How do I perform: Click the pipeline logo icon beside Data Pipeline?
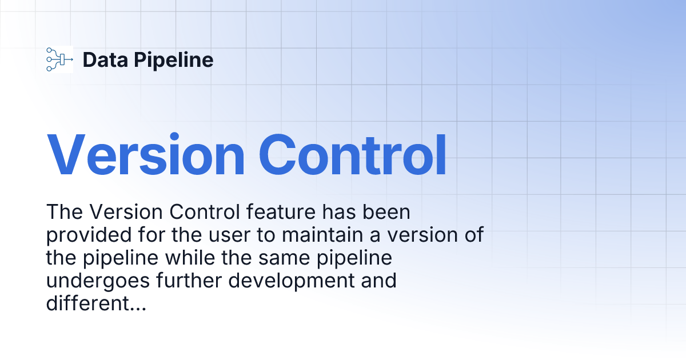pyautogui.click(x=59, y=59)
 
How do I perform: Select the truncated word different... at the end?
pyautogui.click(x=96, y=304)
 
